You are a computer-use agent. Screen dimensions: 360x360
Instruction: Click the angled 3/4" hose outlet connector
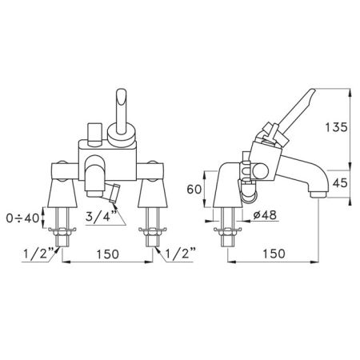[114, 193]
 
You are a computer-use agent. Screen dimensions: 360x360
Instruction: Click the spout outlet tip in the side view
[317, 193]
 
